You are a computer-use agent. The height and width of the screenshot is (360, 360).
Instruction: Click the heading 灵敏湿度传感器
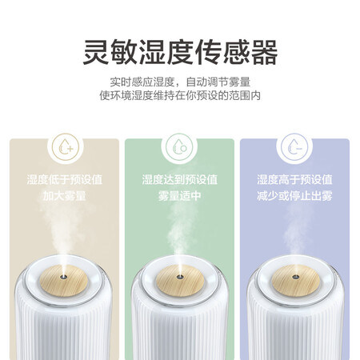pyautogui.click(x=180, y=52)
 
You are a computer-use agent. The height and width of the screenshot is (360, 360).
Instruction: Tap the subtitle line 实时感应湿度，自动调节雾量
pyautogui.click(x=180, y=82)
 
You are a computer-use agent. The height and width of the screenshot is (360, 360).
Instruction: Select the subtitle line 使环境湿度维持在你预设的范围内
pyautogui.click(x=180, y=96)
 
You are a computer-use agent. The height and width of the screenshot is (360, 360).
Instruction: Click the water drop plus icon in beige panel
pyautogui.click(x=64, y=147)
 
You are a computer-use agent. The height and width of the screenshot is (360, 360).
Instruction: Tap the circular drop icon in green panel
pyautogui.click(x=179, y=147)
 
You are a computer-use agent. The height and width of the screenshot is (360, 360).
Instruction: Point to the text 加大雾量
pyautogui.click(x=64, y=194)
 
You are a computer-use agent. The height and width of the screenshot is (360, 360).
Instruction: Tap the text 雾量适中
pyautogui.click(x=179, y=194)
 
